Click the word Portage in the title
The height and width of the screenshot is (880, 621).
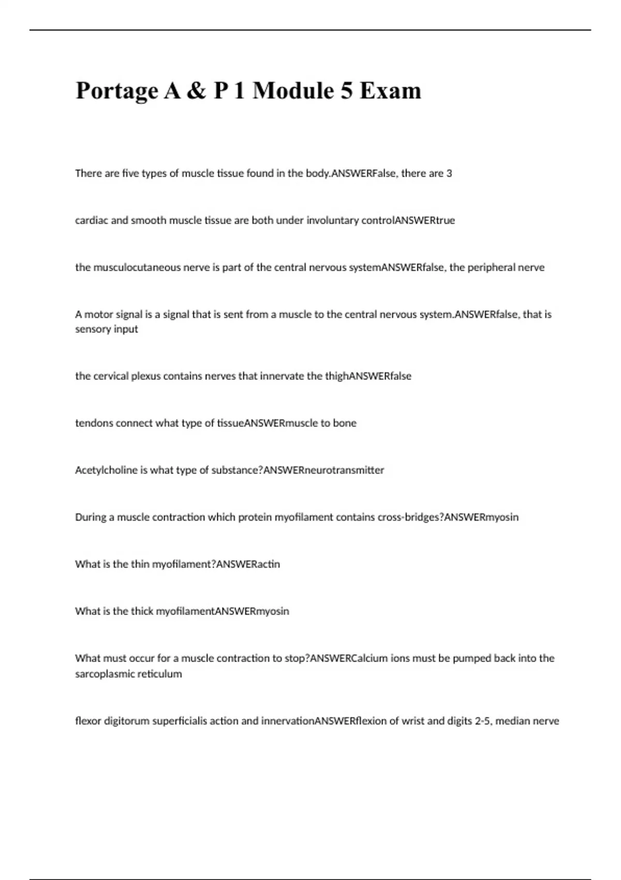click(x=116, y=91)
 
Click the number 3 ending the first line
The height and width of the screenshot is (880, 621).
click(x=449, y=173)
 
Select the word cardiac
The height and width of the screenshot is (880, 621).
click(x=91, y=221)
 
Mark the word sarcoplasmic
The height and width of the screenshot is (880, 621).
click(x=101, y=674)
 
